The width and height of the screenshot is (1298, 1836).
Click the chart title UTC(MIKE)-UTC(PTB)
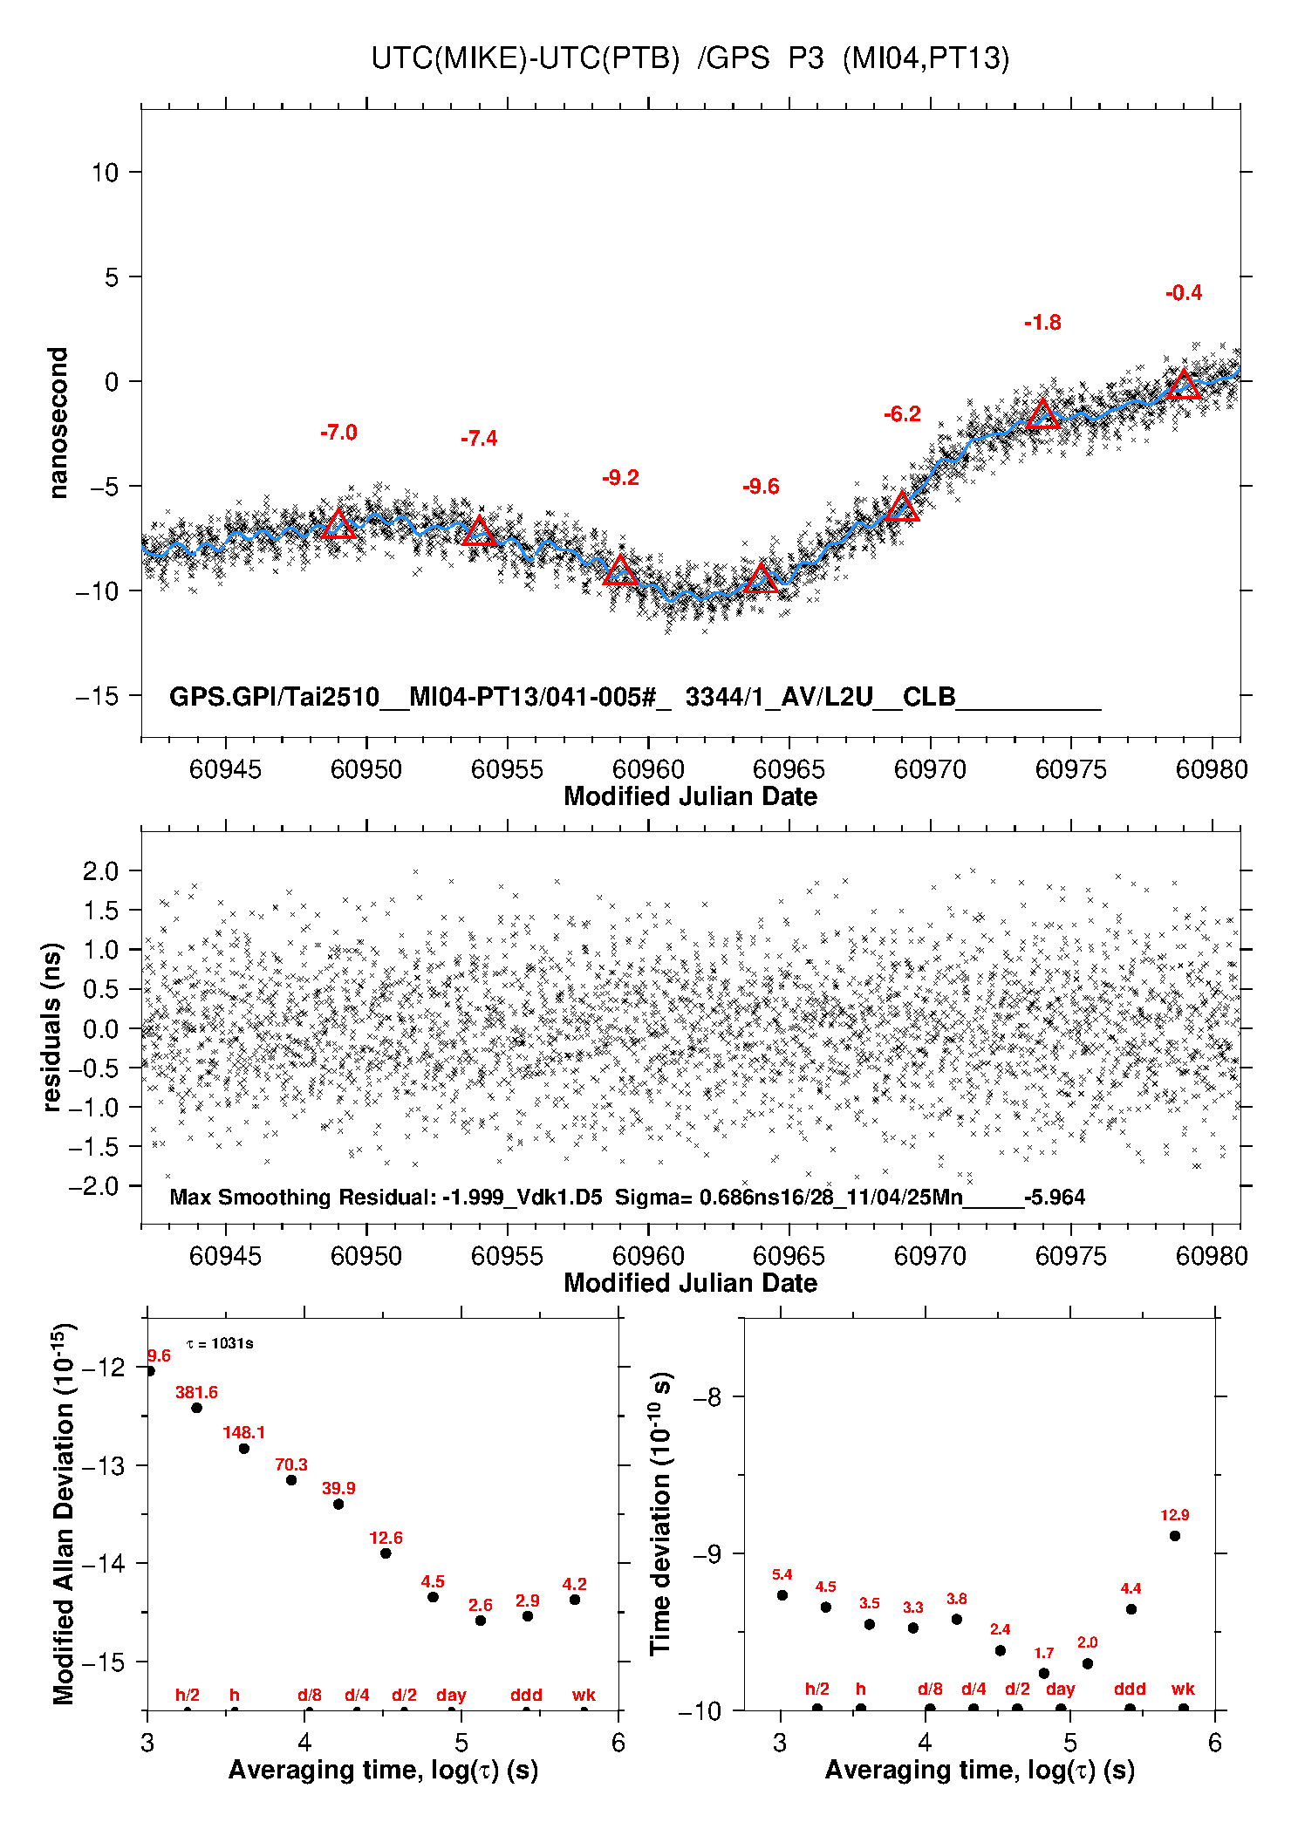(525, 58)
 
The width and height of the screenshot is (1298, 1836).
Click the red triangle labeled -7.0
(338, 524)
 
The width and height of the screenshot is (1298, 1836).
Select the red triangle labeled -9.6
(761, 578)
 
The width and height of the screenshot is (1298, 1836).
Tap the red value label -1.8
(1042, 323)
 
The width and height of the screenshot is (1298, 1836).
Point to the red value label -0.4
(1184, 293)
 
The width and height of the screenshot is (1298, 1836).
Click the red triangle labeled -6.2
(902, 507)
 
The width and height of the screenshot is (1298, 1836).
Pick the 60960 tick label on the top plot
(648, 769)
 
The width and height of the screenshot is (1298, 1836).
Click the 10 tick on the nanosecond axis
(105, 172)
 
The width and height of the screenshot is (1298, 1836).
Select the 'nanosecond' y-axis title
(58, 423)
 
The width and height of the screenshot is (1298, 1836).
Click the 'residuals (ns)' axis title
(52, 1027)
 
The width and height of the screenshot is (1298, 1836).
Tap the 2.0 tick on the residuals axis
(101, 870)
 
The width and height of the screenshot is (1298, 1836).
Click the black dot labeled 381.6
(197, 1408)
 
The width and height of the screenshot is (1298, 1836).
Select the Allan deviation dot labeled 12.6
(386, 1553)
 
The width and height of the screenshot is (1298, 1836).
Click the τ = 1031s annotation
(220, 1343)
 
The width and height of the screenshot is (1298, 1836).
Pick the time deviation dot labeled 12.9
(1175, 1536)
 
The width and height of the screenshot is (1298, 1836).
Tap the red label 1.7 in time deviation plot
(1044, 1653)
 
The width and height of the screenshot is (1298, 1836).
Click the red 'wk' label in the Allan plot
(584, 1695)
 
